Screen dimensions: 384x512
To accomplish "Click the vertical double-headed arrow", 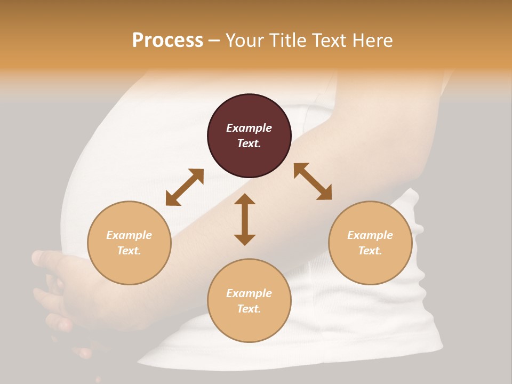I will coord(245,219).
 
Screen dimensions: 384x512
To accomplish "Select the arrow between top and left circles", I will coord(185,187).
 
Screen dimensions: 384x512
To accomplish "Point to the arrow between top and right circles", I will coord(313,181).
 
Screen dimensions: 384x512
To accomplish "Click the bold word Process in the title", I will coord(167,41).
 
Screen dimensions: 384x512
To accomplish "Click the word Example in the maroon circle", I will coord(249,128).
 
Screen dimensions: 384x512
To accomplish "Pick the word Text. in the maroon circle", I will coord(249,143).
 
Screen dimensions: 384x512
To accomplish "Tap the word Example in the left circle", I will coord(129,235).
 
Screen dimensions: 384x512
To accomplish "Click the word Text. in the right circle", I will coord(370,251).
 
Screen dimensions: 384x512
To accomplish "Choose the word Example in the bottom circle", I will coord(249,293).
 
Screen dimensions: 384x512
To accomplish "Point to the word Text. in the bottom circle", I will coord(249,309).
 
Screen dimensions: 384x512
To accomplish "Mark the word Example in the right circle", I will coord(370,235).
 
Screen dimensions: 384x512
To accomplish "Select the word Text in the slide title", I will coord(329,41).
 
